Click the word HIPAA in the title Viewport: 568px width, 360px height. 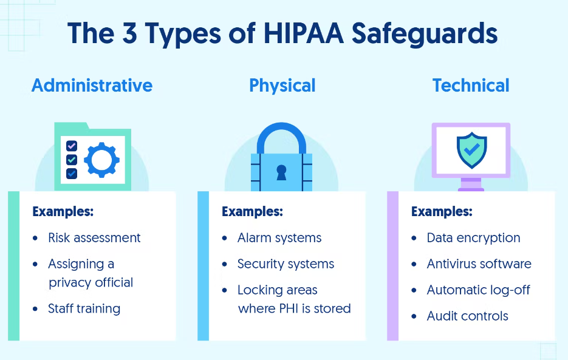304,33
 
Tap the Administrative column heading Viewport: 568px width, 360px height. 92,86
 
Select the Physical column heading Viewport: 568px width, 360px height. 282,86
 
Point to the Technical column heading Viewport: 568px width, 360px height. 471,86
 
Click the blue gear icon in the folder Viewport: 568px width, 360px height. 102,160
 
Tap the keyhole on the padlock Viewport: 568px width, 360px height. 281,172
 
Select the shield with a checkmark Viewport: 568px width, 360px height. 471,150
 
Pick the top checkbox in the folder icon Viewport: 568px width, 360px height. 72,146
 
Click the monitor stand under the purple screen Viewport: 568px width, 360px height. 471,185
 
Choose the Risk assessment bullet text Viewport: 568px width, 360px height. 94,238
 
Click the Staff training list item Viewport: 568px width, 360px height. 84,309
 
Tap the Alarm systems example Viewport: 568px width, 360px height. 279,238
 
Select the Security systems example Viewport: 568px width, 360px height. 286,264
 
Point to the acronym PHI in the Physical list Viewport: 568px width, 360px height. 289,308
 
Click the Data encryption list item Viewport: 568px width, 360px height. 473,238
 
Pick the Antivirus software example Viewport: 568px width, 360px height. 479,263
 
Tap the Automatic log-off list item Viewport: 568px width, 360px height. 478,290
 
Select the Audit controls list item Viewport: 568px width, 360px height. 467,316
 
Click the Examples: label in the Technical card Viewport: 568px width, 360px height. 442,211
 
